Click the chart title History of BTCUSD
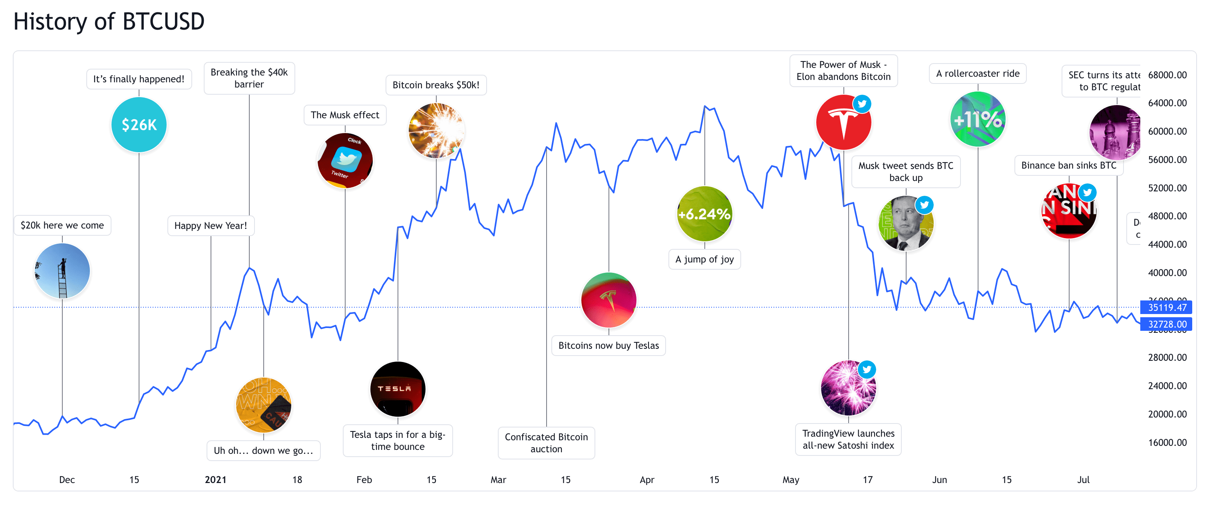click(109, 22)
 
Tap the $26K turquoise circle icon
click(139, 125)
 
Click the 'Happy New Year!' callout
click(211, 226)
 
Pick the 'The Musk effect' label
click(345, 115)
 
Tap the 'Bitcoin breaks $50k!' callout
click(435, 85)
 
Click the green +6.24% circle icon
click(704, 214)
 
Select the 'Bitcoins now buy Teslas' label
click(608, 346)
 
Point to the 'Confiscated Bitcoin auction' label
click(546, 443)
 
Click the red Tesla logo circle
click(843, 122)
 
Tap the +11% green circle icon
click(978, 119)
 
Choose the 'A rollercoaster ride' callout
click(978, 74)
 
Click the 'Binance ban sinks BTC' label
click(1068, 166)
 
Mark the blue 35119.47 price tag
click(1166, 308)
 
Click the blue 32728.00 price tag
click(1166, 324)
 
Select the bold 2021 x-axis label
click(216, 480)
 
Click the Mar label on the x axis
click(498, 480)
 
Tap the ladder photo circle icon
click(62, 271)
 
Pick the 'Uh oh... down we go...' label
click(263, 451)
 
